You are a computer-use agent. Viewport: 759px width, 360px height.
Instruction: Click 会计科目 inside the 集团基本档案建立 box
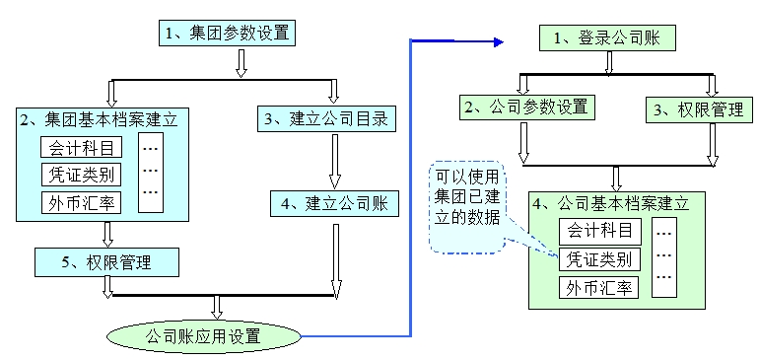point(83,148)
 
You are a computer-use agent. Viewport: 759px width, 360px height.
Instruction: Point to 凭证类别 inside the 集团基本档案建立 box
point(83,177)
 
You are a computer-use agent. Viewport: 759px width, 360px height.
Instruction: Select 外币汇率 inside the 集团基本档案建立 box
point(83,205)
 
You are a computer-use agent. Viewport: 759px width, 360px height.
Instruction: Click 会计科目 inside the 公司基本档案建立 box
point(600,233)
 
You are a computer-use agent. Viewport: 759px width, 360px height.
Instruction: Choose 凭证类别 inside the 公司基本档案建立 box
point(600,260)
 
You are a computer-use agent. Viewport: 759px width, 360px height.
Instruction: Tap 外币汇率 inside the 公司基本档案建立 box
point(600,288)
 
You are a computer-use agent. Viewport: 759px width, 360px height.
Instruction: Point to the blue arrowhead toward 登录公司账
point(499,41)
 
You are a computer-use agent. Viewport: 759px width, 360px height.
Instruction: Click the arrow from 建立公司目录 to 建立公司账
point(335,161)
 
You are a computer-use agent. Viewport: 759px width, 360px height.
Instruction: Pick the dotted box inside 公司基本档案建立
point(665,258)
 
